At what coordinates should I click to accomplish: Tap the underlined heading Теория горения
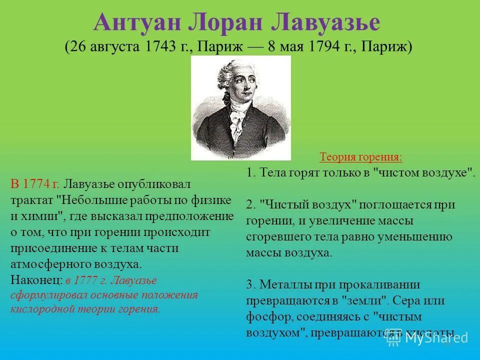[x=360, y=157]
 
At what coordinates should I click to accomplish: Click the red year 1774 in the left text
[x=40, y=184]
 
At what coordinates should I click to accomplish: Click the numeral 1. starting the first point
[x=251, y=172]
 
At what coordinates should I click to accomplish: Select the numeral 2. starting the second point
[x=251, y=204]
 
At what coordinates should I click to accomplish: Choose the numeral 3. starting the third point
[x=251, y=284]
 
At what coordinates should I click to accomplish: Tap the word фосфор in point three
[x=264, y=316]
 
